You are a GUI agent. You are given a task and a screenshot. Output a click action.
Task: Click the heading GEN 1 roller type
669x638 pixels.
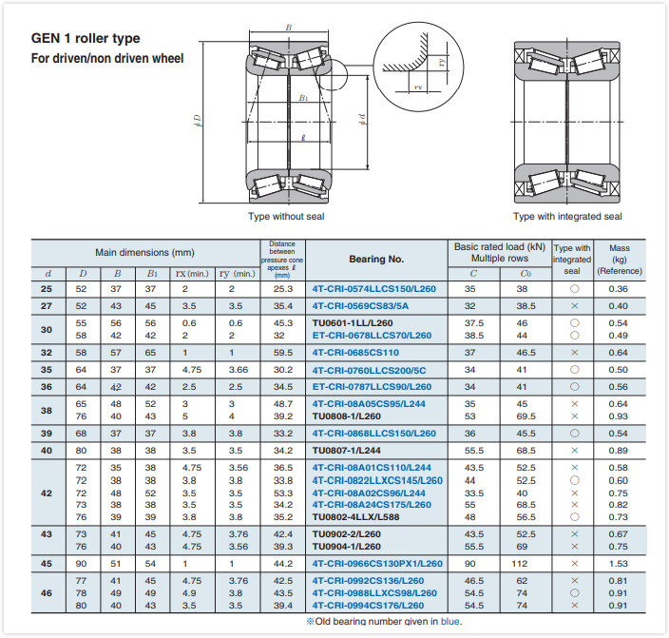tap(86, 39)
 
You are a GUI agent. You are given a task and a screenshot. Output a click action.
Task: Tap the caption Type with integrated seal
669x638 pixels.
tap(567, 217)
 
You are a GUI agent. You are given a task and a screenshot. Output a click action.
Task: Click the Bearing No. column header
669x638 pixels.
tap(376, 259)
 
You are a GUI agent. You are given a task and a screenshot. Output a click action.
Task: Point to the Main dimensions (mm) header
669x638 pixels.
tap(144, 252)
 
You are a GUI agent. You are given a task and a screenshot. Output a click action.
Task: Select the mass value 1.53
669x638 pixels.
tap(619, 564)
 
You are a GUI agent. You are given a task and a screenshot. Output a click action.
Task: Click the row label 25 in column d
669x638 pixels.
tap(48, 289)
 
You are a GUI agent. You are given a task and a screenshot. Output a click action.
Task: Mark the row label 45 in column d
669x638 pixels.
tap(48, 564)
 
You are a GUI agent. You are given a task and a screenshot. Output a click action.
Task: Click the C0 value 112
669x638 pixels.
tap(522, 564)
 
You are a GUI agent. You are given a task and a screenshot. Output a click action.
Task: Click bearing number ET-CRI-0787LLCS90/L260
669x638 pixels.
tap(372, 387)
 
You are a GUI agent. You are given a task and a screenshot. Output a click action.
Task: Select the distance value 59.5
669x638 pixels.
tap(283, 352)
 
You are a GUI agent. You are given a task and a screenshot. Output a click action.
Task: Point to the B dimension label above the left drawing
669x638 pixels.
tap(289, 29)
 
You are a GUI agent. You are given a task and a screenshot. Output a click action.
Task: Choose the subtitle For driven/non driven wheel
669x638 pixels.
tap(107, 59)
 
